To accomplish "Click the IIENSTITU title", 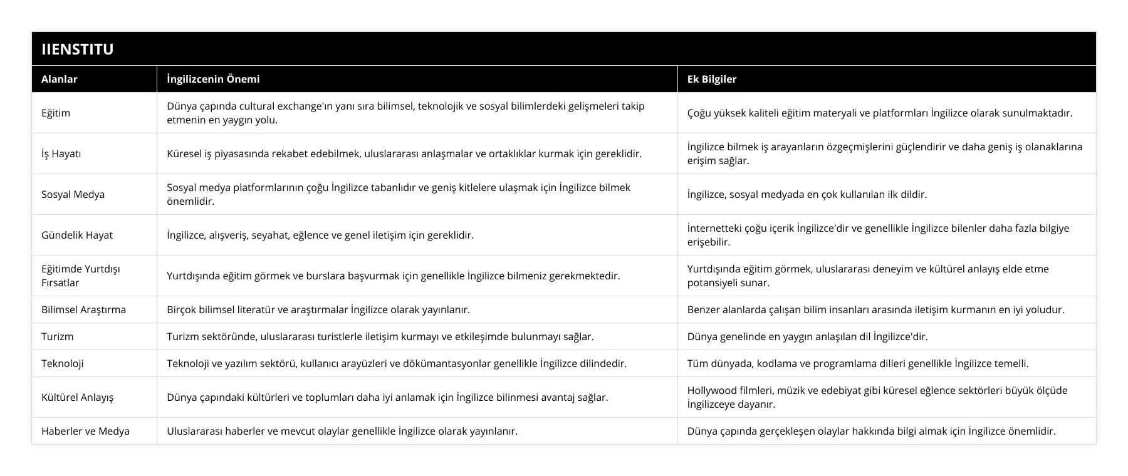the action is coord(77,49).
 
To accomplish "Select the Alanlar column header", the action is coord(60,79).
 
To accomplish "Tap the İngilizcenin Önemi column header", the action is coord(213,79).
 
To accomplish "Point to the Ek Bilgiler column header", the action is coord(712,79).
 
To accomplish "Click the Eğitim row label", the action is coord(56,113).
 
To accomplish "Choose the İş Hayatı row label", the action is coord(61,153).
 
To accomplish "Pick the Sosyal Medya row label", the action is coord(73,194).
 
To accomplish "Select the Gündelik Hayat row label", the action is coord(77,235).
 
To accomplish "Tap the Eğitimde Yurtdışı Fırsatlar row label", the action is coord(80,276).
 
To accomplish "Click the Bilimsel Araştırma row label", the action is coord(83,309).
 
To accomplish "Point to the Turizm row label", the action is coord(57,336).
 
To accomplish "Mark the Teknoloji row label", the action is coord(62,363).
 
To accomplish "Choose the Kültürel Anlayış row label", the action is coord(77,397).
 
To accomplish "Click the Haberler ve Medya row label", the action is coord(85,431).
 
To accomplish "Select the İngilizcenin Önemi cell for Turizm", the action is coord(380,336).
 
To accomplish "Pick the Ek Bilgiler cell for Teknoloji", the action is coord(857,363).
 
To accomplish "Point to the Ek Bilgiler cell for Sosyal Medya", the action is coord(807,194).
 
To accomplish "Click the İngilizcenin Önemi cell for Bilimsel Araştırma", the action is coord(318,309).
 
